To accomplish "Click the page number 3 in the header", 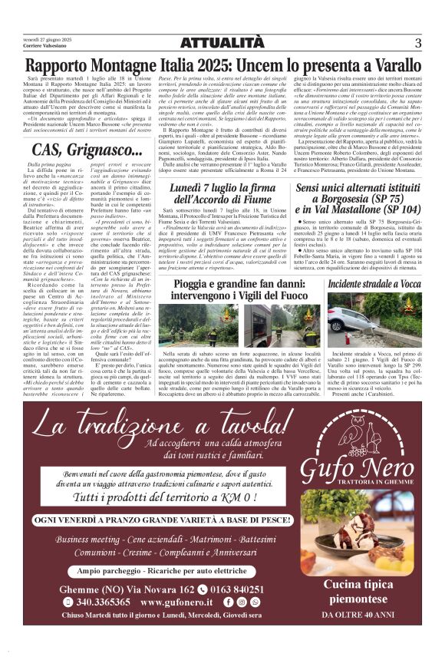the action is point(418,43).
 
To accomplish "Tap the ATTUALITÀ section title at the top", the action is point(222,44).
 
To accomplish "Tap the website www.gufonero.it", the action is point(183,602).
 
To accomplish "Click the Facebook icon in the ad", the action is point(229,602).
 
